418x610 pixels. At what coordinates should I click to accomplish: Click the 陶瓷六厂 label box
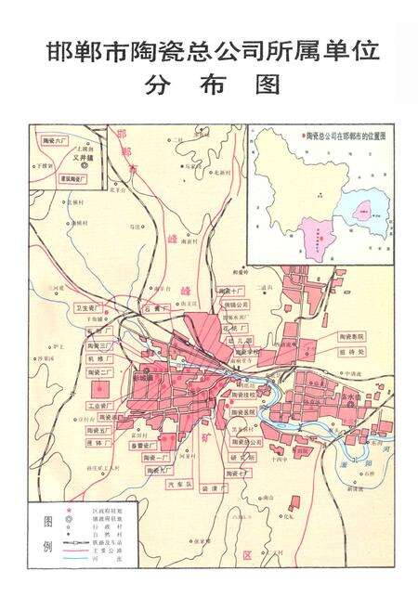click(x=57, y=139)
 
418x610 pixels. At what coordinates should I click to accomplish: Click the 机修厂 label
click(x=98, y=357)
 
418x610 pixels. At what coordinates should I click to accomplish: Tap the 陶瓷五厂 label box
click(x=99, y=431)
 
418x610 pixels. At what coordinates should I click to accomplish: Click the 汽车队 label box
click(x=176, y=483)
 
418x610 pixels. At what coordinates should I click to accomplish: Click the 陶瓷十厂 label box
click(x=232, y=290)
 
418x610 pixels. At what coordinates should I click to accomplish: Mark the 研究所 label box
click(x=241, y=458)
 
